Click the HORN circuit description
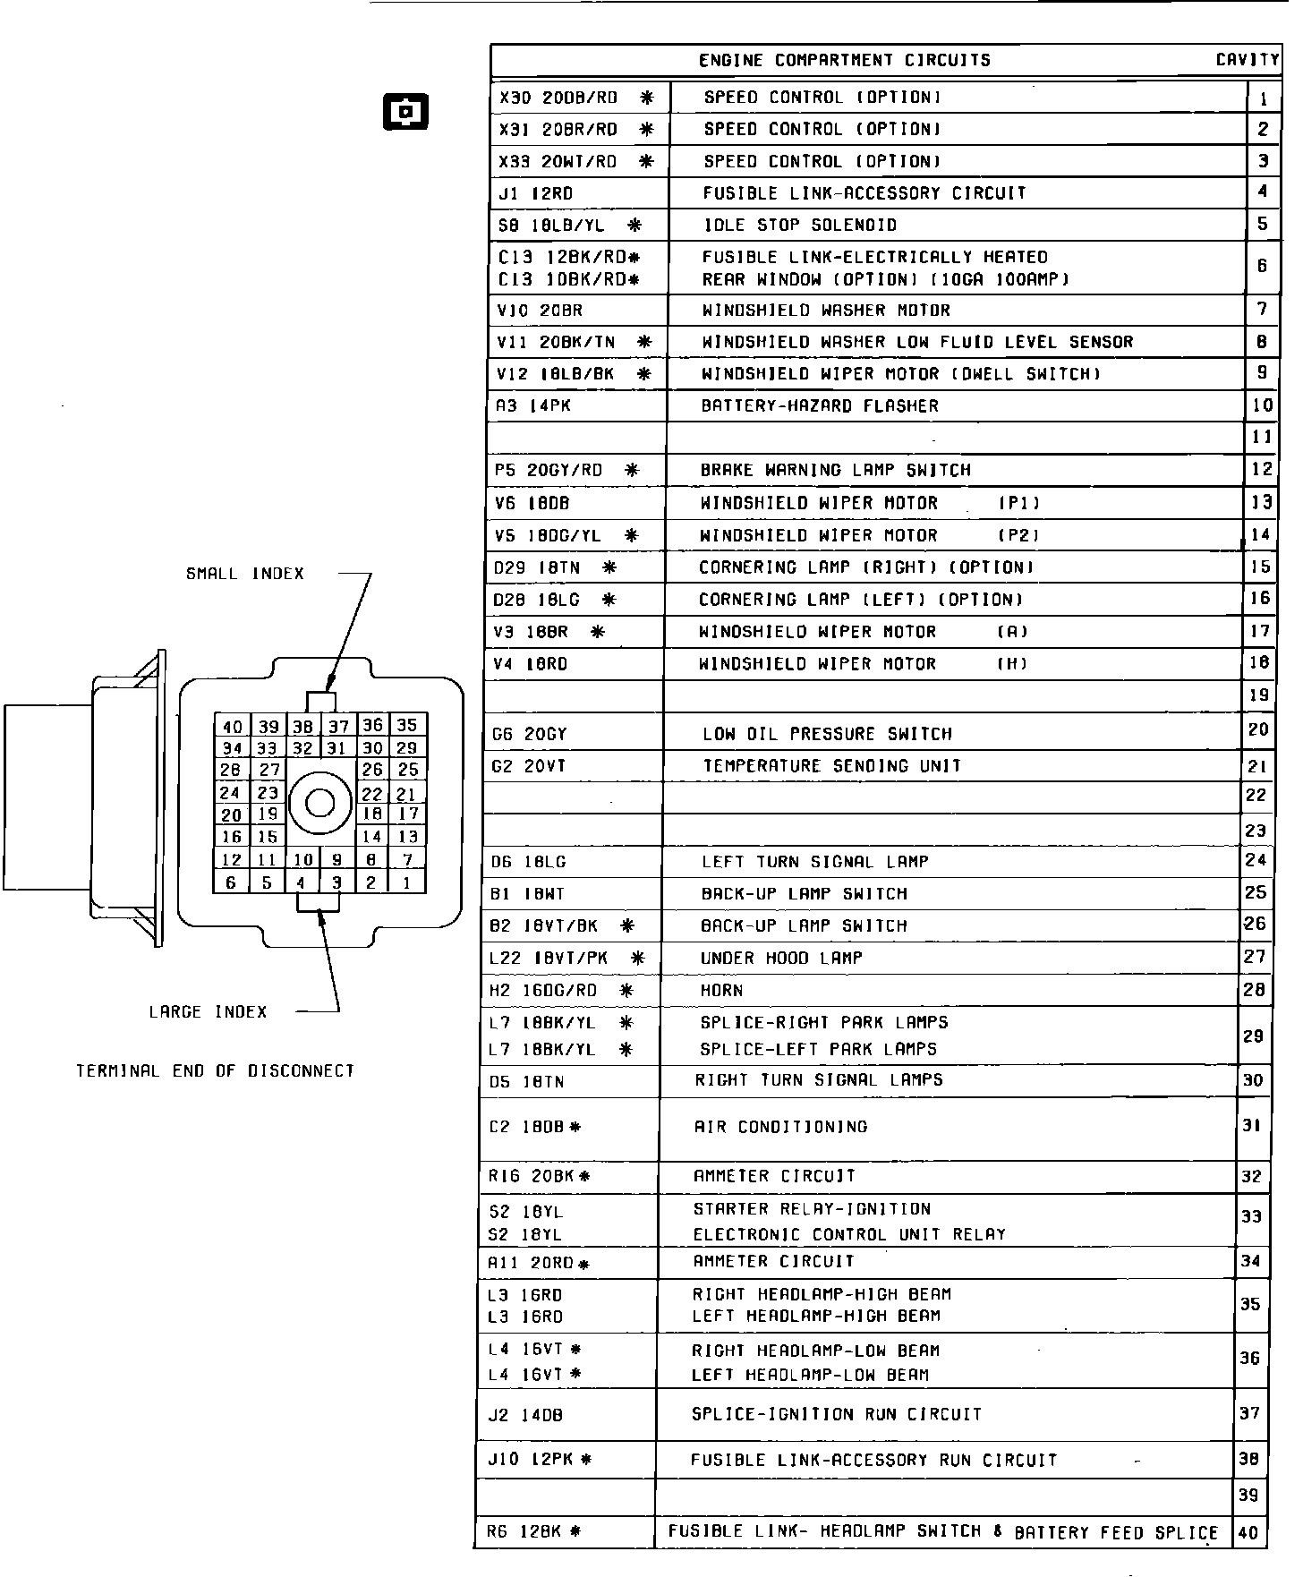pos(721,991)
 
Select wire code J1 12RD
pos(536,193)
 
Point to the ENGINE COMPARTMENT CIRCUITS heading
pos(844,61)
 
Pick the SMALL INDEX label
pos(245,574)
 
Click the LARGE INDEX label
pos(209,1012)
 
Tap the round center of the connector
pos(319,803)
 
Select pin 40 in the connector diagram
pos(232,727)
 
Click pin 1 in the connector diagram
pos(407,882)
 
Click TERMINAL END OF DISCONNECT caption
pos(216,1070)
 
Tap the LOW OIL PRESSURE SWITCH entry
pos(827,735)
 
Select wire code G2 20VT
pos(529,767)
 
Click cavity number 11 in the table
pos(1261,438)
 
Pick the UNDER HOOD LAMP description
pos(781,959)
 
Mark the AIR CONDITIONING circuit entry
pos(780,1127)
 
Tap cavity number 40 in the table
pos(1248,1532)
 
